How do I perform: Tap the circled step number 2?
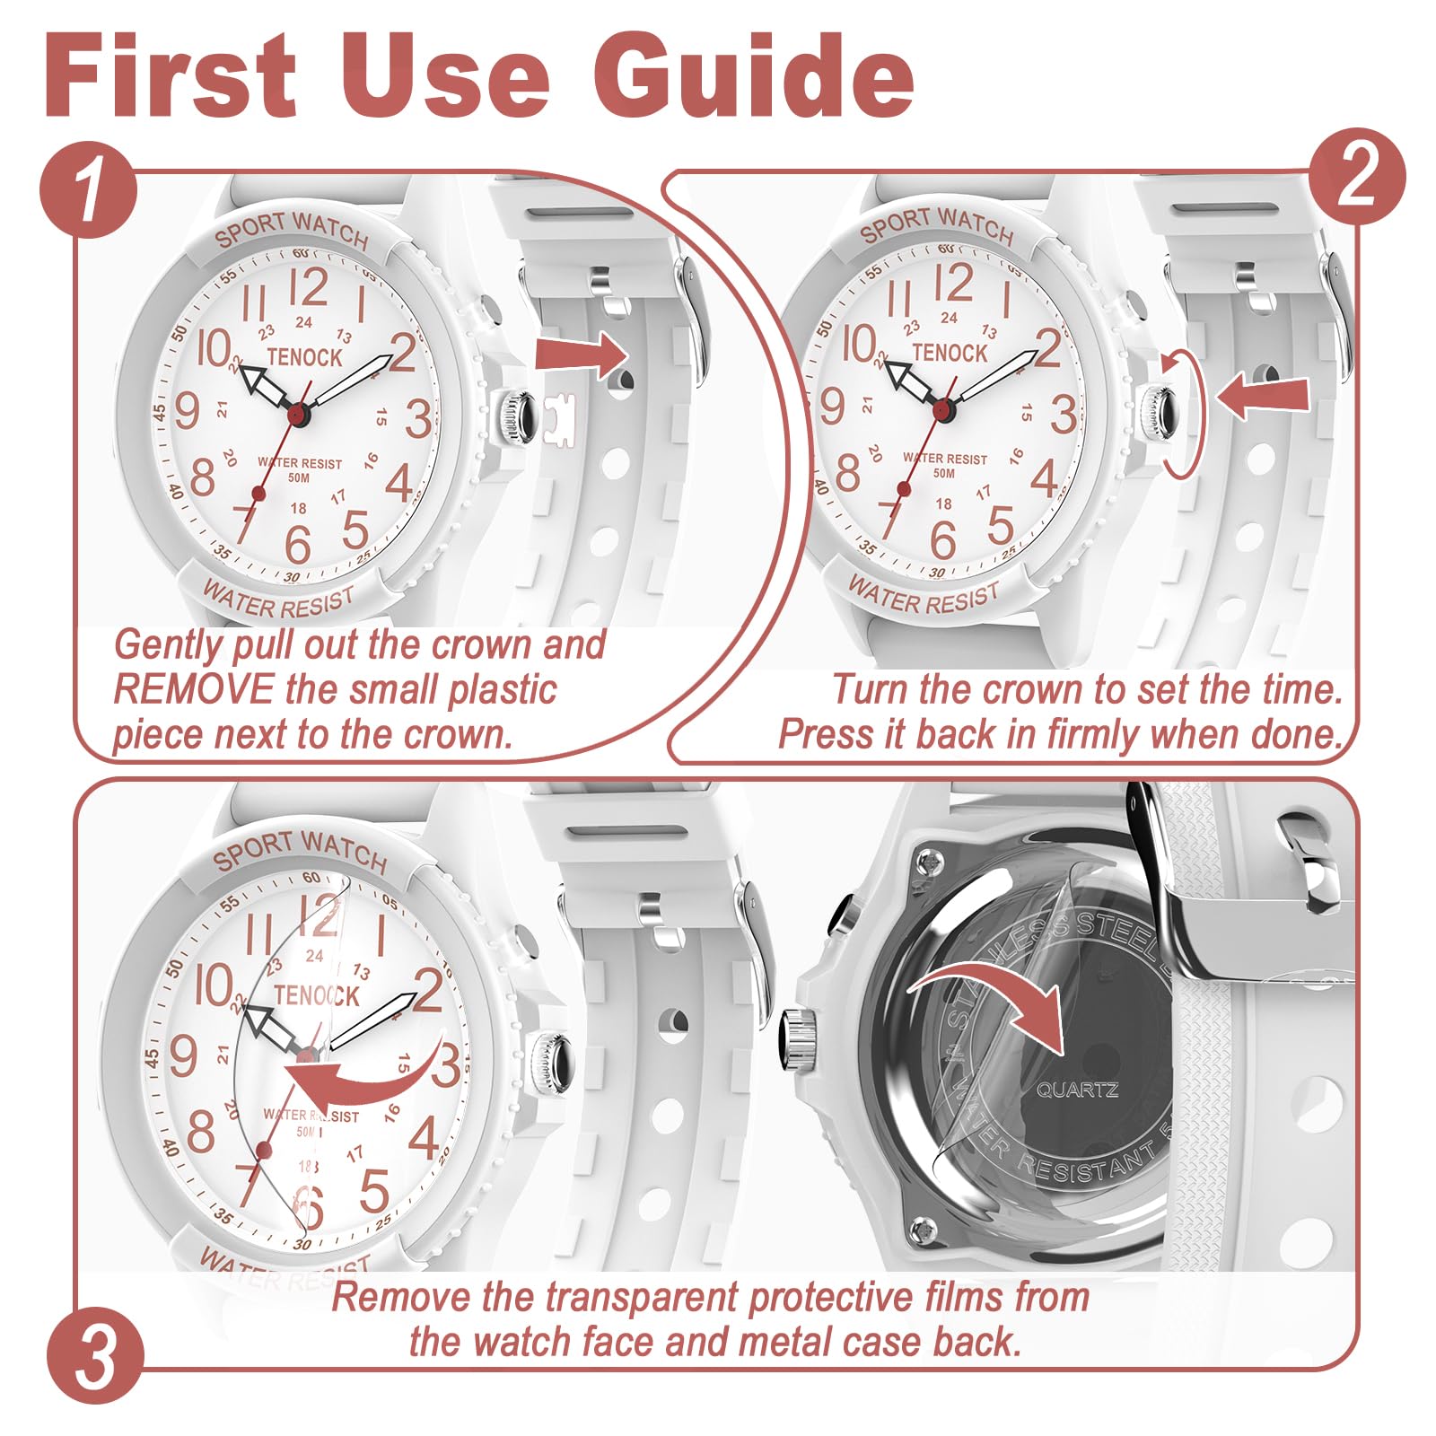[x=1356, y=177]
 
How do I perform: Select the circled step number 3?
[x=94, y=1356]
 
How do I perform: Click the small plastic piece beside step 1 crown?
[x=559, y=417]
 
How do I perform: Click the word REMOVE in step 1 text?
[x=193, y=689]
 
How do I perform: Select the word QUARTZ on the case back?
[x=1077, y=1090]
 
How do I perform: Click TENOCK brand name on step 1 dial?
[x=304, y=357]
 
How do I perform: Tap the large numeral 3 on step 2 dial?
[x=1064, y=415]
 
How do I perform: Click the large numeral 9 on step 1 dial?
[x=187, y=412]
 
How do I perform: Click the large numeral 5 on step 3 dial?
[x=374, y=1191]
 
